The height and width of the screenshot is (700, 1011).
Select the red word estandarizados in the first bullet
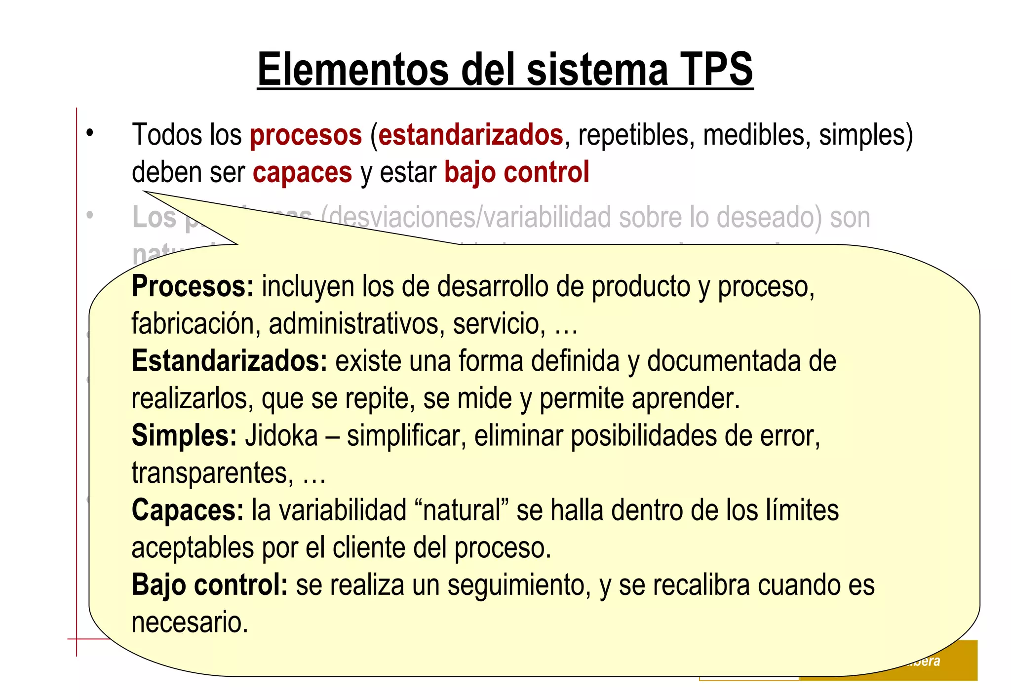point(470,135)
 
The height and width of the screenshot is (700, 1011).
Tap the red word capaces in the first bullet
point(302,172)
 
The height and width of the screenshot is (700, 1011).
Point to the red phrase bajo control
point(516,172)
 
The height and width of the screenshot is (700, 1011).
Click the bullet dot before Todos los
point(89,133)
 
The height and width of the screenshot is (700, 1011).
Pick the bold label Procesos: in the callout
point(193,286)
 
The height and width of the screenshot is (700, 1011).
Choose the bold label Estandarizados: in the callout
point(230,361)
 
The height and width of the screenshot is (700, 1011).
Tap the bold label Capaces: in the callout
point(188,510)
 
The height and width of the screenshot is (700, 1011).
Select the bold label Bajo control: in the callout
point(209,585)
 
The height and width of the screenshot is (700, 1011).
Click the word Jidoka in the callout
point(281,436)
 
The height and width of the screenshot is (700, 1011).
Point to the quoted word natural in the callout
point(462,510)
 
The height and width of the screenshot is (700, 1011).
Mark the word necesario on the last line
point(190,622)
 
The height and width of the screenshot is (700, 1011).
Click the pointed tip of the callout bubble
point(145,192)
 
